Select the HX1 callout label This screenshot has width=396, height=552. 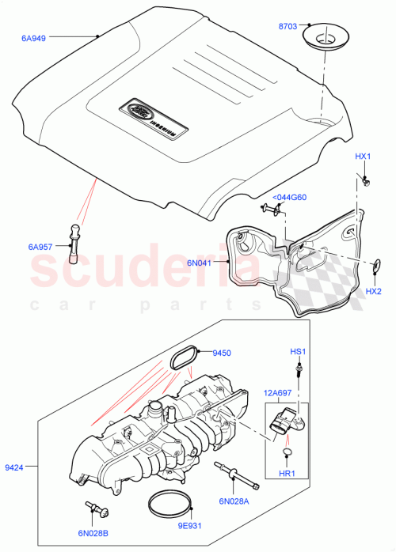pyautogui.click(x=363, y=157)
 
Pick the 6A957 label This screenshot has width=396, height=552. pyautogui.click(x=42, y=248)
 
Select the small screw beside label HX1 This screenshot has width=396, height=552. pyautogui.click(x=366, y=183)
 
